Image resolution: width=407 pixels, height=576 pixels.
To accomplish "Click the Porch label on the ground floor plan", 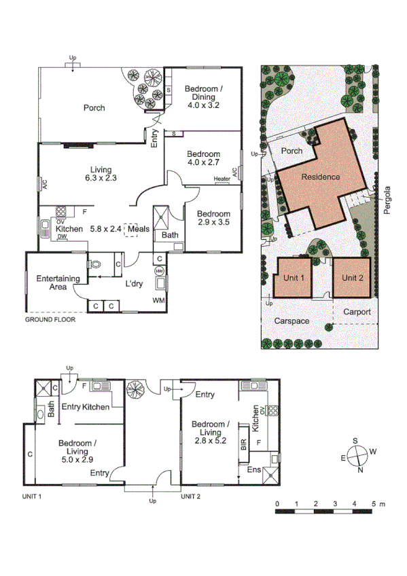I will point(94,107).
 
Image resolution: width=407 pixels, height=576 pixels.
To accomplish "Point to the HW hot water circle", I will point(160,271).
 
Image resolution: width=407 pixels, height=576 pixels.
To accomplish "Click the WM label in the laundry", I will point(159,300).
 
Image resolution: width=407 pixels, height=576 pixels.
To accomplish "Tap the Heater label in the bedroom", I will point(222,179).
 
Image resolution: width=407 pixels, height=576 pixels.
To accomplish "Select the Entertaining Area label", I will point(58,283).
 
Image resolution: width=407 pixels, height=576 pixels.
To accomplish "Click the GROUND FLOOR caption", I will point(50,319).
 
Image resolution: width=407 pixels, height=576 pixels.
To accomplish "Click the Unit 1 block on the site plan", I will point(292,278).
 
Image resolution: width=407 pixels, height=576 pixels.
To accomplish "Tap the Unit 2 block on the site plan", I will point(353,278).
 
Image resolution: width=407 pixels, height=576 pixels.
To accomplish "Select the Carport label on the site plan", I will point(357,312).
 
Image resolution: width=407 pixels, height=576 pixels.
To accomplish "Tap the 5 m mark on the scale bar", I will point(374,504).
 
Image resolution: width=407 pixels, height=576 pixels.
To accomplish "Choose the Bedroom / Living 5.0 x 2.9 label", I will point(79,451).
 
